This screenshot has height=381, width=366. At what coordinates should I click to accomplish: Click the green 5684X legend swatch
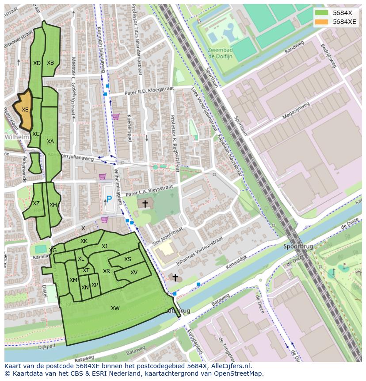[x=322, y=13]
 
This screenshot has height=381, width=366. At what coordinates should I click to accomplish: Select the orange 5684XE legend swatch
[x=322, y=22]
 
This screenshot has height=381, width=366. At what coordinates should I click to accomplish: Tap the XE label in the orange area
[x=25, y=110]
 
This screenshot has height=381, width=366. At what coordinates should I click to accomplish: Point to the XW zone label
[x=115, y=308]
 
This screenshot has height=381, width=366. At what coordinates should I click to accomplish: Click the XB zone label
[x=50, y=63]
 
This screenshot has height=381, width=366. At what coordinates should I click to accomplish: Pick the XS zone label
[x=128, y=260]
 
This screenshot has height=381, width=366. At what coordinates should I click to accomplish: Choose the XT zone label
[x=86, y=270]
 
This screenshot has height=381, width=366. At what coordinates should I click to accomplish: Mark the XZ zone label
[x=36, y=204]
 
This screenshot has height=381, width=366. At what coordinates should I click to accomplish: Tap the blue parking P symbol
[x=109, y=200]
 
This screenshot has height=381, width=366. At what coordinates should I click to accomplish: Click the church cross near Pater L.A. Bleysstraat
[x=145, y=204]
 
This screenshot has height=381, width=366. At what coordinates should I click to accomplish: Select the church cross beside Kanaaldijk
[x=175, y=278]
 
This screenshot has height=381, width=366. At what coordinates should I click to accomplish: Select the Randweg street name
[x=295, y=47]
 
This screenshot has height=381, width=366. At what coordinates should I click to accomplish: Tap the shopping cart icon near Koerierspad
[x=115, y=117]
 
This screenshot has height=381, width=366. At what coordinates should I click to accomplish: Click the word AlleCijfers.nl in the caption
[x=230, y=366]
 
